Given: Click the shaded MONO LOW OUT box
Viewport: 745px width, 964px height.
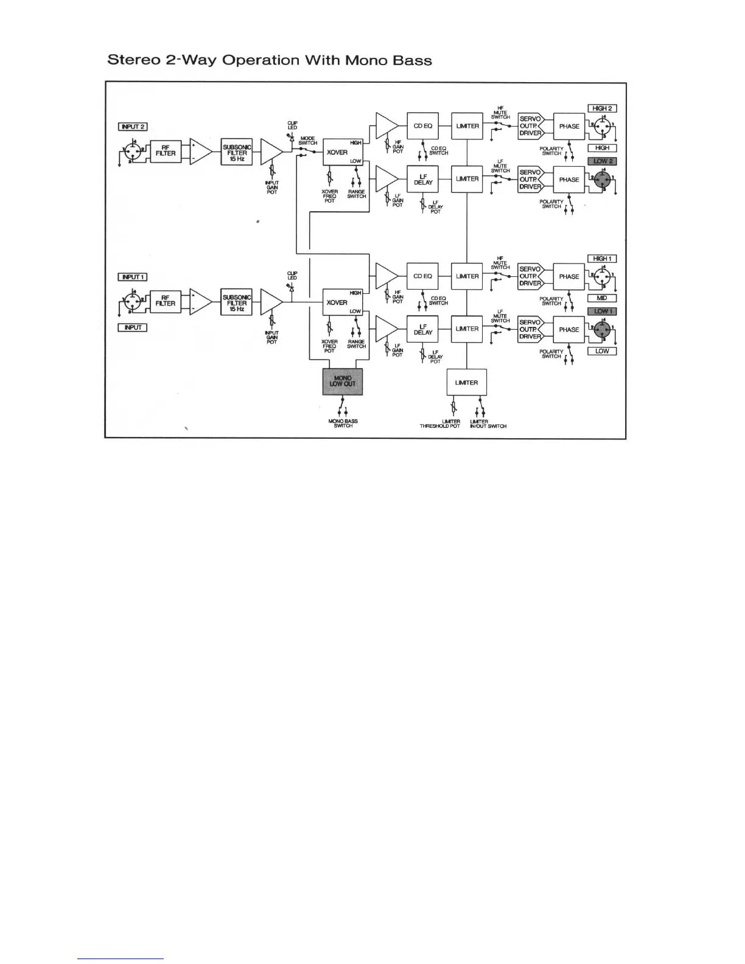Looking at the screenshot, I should click(343, 382).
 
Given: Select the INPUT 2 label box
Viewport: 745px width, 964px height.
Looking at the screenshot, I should click(133, 127).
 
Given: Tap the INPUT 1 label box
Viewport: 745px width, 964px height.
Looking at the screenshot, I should click(133, 277).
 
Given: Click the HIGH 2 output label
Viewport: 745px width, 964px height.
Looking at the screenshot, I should click(602, 108).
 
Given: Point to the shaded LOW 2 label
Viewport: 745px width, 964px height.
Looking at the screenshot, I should click(602, 161).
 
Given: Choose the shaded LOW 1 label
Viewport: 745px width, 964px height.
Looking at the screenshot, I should click(602, 312).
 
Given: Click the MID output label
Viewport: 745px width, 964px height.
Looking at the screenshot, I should click(602, 298).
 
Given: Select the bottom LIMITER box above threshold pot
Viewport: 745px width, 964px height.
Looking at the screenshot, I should click(466, 383).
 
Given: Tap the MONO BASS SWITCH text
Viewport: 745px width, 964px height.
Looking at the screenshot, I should click(343, 424).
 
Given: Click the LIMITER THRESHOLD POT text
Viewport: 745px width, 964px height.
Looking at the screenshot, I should click(440, 424).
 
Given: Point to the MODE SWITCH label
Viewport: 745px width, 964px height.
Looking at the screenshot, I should click(308, 141).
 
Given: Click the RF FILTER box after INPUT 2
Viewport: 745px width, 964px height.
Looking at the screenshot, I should click(166, 150).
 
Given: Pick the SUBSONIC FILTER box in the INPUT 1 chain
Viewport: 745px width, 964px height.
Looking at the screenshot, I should click(237, 302).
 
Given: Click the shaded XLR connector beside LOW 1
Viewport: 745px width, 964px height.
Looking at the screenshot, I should click(603, 330).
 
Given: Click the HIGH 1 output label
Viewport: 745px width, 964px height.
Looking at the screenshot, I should click(602, 259).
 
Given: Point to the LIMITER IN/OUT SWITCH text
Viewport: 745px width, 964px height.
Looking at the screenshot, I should click(488, 424).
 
